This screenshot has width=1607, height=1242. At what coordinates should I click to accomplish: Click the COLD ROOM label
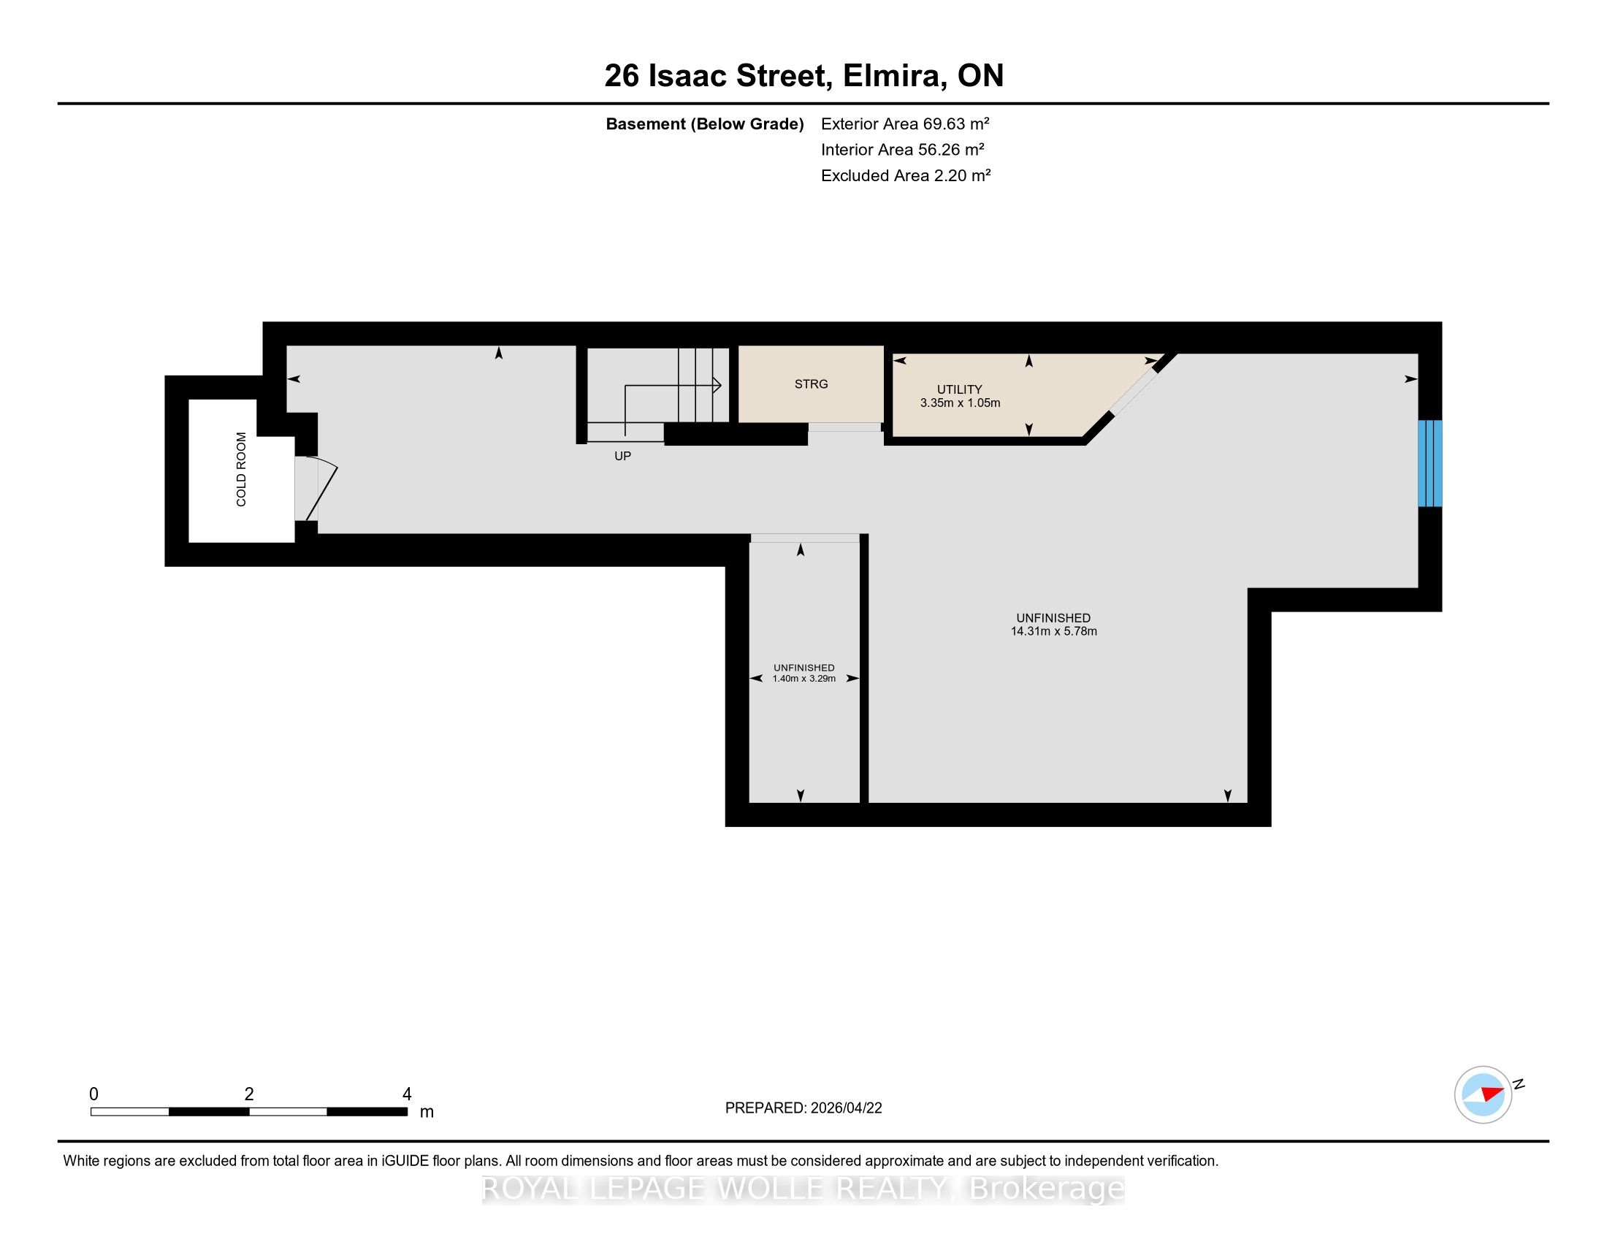point(241,470)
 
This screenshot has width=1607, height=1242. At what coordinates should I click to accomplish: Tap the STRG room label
point(811,384)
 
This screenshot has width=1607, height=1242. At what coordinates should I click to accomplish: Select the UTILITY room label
point(960,389)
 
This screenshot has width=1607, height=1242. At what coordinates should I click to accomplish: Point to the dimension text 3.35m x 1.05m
point(961,403)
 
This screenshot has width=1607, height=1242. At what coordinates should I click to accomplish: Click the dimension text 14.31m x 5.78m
point(1053,631)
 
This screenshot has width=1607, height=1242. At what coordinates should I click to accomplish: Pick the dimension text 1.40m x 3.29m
point(804,679)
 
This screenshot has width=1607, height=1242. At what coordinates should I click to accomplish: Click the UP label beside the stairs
point(622,456)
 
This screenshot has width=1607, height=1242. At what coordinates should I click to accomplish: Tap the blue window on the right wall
point(1429,463)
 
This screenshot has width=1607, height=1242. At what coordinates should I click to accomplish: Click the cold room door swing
point(321,489)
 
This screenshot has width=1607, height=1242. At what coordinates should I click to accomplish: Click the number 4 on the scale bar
point(407,1094)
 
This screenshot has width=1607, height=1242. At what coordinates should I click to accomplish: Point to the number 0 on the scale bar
point(93,1094)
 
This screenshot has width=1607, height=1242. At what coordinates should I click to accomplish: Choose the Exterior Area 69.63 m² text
point(905,123)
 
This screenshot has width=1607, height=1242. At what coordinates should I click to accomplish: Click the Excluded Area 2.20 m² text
point(906,175)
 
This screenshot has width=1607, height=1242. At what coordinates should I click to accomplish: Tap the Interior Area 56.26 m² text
point(903,149)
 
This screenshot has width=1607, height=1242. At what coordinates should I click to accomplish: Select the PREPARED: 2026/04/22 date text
point(803,1108)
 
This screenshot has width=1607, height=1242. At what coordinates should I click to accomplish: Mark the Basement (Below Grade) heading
point(704,123)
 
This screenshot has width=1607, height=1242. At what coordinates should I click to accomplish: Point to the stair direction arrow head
point(716,386)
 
